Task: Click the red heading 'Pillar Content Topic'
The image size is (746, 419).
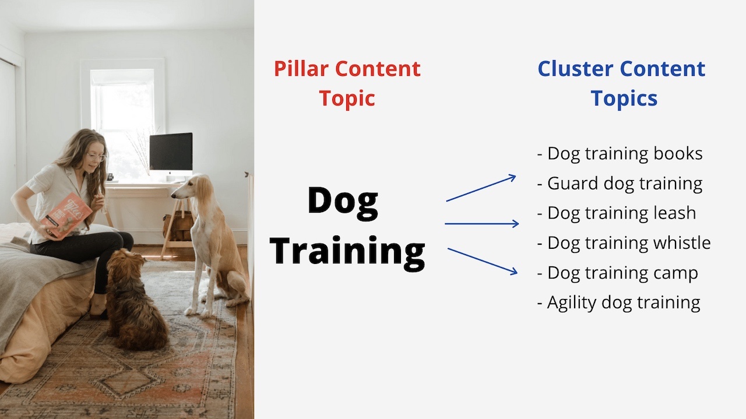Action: click(347, 83)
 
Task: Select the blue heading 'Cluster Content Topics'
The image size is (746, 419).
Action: click(621, 83)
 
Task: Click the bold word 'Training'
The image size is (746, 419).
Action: click(347, 252)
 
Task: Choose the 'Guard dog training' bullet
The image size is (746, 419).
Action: click(620, 184)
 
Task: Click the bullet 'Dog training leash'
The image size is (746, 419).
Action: click(617, 213)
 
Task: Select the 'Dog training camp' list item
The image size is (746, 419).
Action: click(618, 273)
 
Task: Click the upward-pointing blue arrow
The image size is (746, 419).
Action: click(481, 188)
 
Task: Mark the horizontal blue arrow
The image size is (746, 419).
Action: click(481, 224)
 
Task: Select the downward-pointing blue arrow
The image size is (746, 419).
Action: click(482, 262)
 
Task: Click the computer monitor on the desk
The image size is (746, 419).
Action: click(171, 152)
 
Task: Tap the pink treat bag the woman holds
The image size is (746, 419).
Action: click(66, 216)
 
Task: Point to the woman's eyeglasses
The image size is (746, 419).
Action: click(97, 157)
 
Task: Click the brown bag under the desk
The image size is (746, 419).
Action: click(178, 227)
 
